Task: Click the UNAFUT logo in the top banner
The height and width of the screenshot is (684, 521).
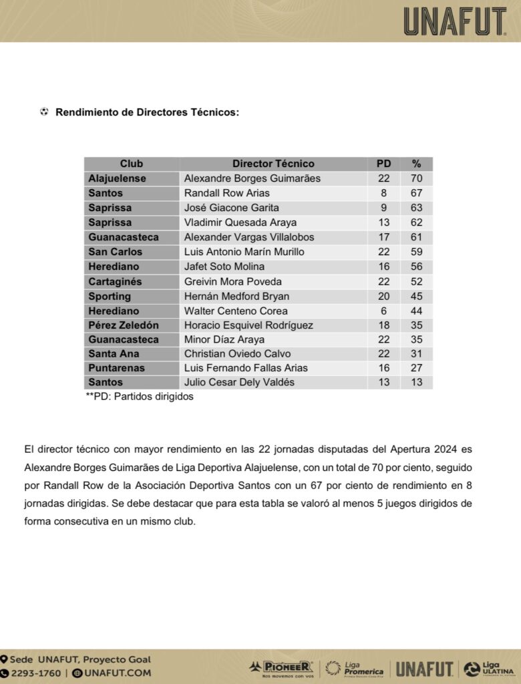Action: click(x=455, y=21)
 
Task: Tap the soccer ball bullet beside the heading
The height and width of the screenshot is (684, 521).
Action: click(x=44, y=112)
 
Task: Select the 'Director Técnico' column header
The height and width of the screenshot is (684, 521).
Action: click(x=273, y=164)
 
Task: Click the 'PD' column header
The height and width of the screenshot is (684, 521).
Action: click(x=383, y=164)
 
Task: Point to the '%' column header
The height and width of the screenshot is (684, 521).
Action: click(x=416, y=164)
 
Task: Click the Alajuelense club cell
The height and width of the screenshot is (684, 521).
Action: click(x=118, y=178)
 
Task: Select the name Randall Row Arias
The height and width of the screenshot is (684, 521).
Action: click(x=227, y=193)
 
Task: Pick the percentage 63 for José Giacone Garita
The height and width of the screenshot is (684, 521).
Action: click(x=416, y=208)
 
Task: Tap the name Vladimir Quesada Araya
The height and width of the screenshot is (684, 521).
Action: click(x=240, y=222)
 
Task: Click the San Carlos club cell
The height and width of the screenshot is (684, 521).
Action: click(x=116, y=252)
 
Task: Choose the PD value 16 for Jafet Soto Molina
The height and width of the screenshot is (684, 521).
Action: click(x=383, y=267)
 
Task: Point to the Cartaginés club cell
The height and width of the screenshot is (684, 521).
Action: click(x=116, y=281)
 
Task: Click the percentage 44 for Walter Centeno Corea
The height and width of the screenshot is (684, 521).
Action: click(x=416, y=311)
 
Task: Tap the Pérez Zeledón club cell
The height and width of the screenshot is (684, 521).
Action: click(x=124, y=325)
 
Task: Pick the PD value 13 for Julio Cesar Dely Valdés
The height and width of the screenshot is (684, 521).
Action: click(x=383, y=382)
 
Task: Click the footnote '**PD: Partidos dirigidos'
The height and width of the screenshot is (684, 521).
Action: click(x=140, y=396)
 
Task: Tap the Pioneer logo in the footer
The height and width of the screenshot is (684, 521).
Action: click(x=281, y=667)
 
